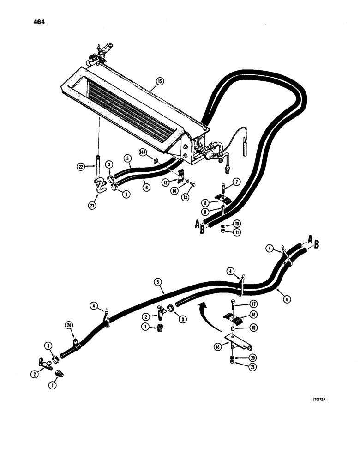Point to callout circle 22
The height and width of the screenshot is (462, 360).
81,167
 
